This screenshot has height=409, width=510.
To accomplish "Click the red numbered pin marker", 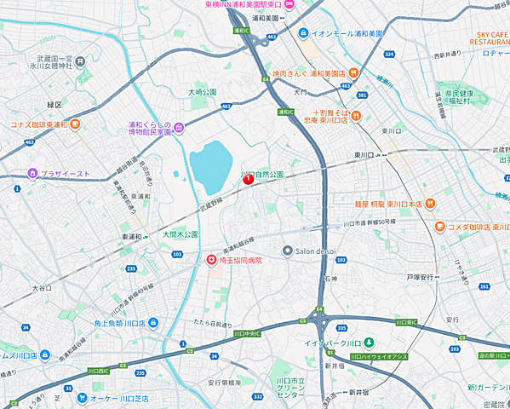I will [x=248, y=179].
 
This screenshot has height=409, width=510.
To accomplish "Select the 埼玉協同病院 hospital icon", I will [x=212, y=260].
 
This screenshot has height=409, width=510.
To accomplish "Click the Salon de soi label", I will [x=318, y=251].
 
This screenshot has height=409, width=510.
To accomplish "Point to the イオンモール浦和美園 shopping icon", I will [x=303, y=33].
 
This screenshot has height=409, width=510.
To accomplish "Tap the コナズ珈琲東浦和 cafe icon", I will [x=75, y=124].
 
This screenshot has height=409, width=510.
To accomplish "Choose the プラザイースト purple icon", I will [x=33, y=174].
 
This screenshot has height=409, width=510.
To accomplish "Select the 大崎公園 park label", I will [x=203, y=91].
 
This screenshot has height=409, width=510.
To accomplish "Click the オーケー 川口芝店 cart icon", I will [x=81, y=397].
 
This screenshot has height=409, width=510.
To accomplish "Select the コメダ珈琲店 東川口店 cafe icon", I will [x=439, y=227].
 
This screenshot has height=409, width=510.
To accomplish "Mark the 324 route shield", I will [x=389, y=55].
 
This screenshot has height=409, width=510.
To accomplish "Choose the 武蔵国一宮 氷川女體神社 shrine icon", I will [x=80, y=61].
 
